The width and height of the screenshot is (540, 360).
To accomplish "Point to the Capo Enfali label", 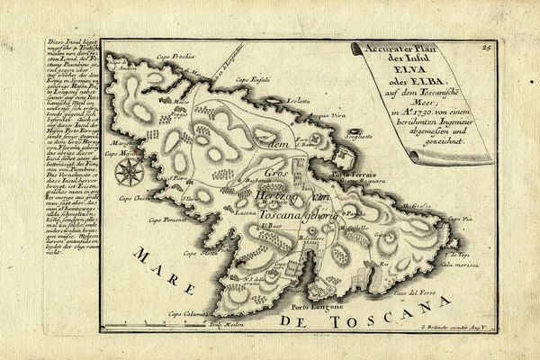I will (247, 81).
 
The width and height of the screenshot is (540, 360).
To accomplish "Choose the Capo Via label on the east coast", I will (463, 218).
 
